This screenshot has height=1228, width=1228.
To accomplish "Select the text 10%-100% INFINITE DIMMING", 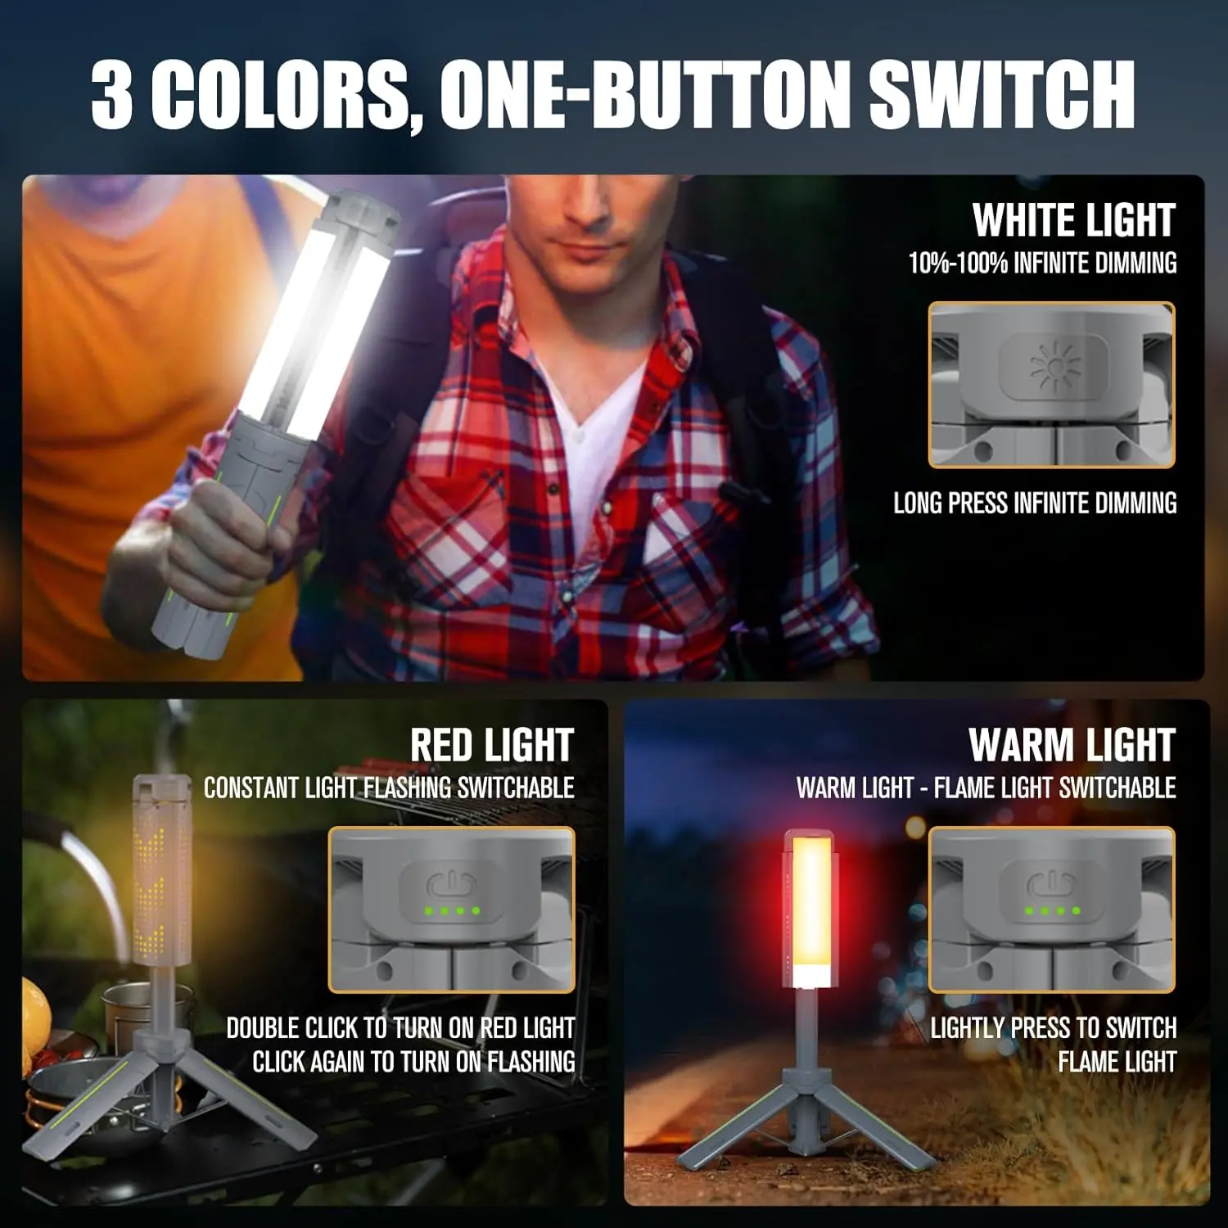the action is [1042, 263].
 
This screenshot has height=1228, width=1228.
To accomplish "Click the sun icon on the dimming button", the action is [1054, 365].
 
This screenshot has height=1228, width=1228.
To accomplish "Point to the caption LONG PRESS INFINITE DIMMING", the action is [1035, 503].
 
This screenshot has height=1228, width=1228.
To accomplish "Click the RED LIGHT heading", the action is [492, 745].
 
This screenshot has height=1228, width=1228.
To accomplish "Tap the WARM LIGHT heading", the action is [1072, 745].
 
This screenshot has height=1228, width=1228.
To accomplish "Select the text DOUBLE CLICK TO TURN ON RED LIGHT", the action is [400, 1027].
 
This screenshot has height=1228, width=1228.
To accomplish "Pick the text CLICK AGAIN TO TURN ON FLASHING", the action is [413, 1062].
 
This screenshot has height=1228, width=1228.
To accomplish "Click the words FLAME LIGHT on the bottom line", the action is [1117, 1062].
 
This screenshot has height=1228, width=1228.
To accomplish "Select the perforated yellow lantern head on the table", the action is [161, 869].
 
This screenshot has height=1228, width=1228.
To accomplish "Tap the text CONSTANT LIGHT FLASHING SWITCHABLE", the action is [389, 788].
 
